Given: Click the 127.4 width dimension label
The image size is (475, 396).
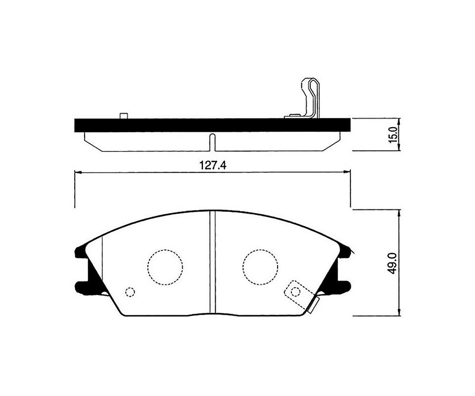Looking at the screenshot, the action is pyautogui.click(x=213, y=165).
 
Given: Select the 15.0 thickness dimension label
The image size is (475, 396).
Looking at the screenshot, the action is pyautogui.click(x=393, y=135).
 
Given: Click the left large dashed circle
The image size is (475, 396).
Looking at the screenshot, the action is pyautogui.click(x=165, y=267).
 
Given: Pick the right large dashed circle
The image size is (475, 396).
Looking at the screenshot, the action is pyautogui.click(x=260, y=267).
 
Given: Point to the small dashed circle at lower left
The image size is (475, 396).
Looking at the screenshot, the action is pyautogui.click(x=130, y=292).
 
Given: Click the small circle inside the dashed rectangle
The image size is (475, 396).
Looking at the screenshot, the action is pyautogui.click(x=295, y=292).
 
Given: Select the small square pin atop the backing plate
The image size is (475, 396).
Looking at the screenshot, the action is pyautogui.click(x=124, y=116).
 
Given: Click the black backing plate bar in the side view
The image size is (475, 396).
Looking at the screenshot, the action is pyautogui.click(x=212, y=125).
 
